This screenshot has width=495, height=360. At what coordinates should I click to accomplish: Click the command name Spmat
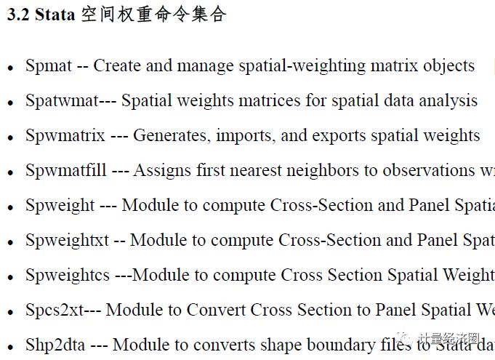(x=49, y=66)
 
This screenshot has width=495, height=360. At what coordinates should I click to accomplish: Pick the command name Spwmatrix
(x=65, y=136)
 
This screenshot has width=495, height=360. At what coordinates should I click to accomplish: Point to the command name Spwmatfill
(x=66, y=171)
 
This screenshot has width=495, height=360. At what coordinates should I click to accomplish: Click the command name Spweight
(x=60, y=206)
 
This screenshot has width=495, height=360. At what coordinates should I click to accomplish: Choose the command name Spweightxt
(x=66, y=241)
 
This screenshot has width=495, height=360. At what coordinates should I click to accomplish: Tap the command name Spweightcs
(x=68, y=276)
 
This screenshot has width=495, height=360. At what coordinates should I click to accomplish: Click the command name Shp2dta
(x=53, y=345)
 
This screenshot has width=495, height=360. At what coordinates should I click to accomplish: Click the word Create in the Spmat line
(x=117, y=66)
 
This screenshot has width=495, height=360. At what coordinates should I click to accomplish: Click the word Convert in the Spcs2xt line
(x=216, y=311)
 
